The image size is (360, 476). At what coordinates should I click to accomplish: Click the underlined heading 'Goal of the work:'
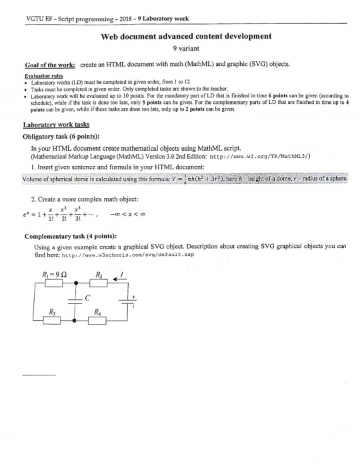coord(41,67)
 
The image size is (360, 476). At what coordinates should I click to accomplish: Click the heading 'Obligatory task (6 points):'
coord(61,137)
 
